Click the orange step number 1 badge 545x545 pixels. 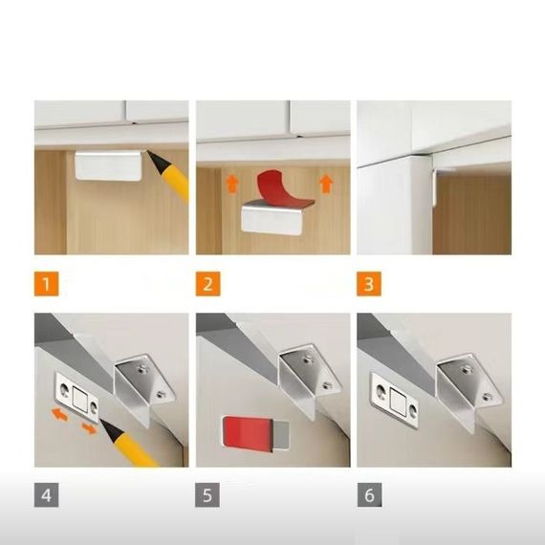[46, 284]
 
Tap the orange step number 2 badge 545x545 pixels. [207, 284]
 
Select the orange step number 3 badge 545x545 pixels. [369, 284]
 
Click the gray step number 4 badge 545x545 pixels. [46, 494]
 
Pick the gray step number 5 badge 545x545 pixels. [207, 494]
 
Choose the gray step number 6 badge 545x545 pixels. [369, 494]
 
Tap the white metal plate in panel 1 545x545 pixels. [108, 165]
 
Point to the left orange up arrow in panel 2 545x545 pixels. [231, 184]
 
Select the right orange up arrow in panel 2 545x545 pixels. [326, 184]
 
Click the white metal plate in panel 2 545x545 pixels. [272, 219]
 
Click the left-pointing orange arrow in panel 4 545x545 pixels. [60, 415]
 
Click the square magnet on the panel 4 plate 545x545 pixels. [79, 399]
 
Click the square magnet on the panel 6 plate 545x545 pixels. [397, 398]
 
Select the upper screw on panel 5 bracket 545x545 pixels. [307, 360]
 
